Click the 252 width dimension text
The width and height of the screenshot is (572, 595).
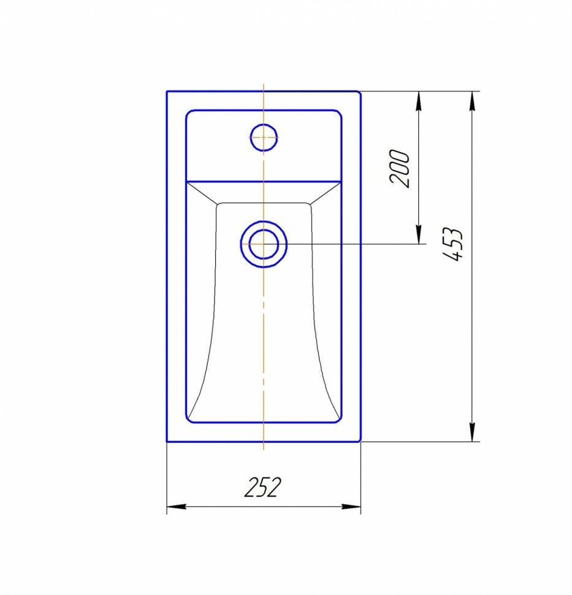click(x=263, y=487)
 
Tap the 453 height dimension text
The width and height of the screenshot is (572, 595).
click(x=453, y=244)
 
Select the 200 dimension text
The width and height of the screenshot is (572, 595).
click(x=399, y=169)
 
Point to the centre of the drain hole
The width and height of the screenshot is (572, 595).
click(x=264, y=244)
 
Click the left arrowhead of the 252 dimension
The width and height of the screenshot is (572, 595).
click(x=177, y=507)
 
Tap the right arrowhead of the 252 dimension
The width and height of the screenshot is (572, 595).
click(x=351, y=507)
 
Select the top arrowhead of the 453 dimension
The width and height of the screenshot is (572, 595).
click(x=472, y=101)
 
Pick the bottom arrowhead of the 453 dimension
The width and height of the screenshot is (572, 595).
click(x=472, y=432)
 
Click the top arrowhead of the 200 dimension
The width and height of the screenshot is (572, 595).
click(x=418, y=101)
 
